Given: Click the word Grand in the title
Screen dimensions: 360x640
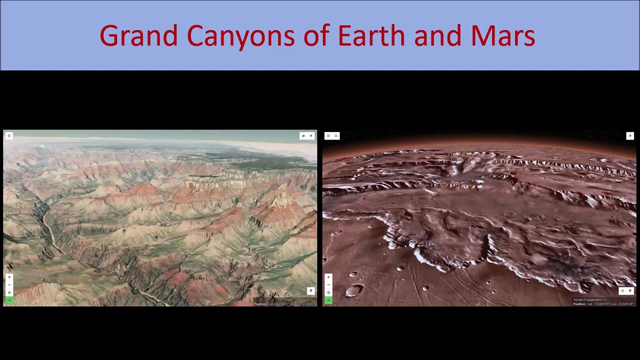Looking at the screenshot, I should coord(138,36).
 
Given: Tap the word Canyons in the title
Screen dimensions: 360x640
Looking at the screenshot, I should coord(240,36).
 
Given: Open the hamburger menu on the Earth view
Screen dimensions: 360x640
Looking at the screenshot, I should coord(9,135).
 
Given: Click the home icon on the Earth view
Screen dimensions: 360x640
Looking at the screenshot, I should coord(303,135).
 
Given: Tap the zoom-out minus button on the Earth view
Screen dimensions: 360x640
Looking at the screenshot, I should coord(9,284).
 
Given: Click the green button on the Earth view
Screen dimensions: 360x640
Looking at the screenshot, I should coord(9,300).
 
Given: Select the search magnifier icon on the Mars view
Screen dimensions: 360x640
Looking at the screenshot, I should coord(336,135).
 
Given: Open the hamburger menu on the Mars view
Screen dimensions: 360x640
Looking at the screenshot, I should coord(328,135).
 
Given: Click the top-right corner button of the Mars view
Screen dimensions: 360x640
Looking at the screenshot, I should coord(630,135).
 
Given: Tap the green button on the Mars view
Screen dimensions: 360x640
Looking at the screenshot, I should coord(328,300).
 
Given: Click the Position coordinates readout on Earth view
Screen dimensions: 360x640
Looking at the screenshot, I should coord(284,303).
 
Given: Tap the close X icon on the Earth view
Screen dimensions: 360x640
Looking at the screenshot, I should coord(311,135).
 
